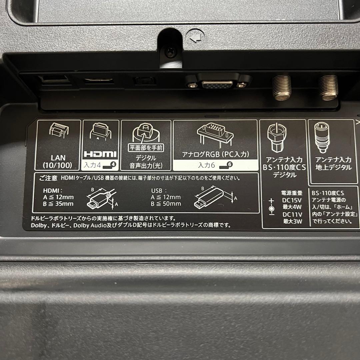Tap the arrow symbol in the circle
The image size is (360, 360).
[195, 36]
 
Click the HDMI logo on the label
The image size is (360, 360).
[100, 154]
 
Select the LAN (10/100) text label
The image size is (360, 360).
[59, 161]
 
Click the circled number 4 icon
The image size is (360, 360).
[113, 164]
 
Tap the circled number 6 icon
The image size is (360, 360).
[230, 164]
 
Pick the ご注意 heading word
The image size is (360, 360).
[48, 179]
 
